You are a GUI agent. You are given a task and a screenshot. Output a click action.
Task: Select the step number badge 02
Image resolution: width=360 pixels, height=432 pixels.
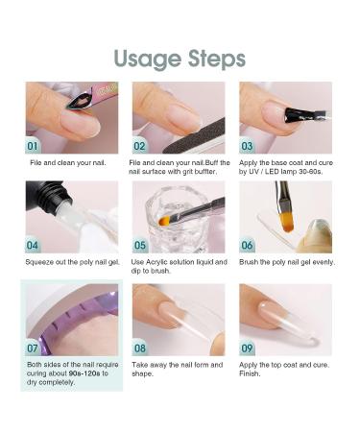coord(141,146)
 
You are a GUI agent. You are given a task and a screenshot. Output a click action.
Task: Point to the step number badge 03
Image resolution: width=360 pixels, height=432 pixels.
coord(249,146)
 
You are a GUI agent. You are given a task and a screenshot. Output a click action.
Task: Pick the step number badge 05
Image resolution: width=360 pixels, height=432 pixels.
coord(141,245)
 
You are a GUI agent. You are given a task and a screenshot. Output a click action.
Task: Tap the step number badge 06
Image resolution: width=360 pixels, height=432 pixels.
coord(249,245)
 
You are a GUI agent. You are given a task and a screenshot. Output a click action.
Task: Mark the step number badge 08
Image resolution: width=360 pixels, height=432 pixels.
coord(141,348)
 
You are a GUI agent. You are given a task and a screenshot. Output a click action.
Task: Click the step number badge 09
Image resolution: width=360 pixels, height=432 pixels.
coord(249,348)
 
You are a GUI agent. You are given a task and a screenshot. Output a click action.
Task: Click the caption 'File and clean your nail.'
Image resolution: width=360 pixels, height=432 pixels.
coord(67,164)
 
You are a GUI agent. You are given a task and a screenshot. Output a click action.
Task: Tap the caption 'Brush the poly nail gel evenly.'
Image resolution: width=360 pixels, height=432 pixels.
coord(284,263)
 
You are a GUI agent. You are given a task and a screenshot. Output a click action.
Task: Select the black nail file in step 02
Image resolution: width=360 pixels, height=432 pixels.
coord(192,140)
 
